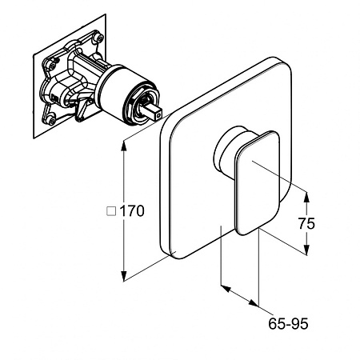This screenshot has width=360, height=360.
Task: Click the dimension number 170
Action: tap(132, 211)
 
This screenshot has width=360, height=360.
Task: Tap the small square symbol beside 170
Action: tap(111, 211)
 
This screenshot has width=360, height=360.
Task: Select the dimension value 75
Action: tap(306, 223)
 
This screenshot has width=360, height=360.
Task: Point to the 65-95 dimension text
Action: tap(288, 324)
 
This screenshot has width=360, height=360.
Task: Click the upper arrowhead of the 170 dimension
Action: tap(124, 146)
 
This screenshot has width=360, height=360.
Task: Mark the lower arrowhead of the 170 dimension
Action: tap(124, 275)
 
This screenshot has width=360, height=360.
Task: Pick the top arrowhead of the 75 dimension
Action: tap(306, 198)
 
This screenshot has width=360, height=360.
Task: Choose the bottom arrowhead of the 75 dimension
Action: tap(306, 249)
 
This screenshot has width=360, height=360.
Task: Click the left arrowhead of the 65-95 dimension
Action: tap(226, 288)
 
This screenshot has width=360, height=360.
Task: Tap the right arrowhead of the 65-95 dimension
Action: tap(254, 303)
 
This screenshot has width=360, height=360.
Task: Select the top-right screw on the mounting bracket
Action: tap(100, 38)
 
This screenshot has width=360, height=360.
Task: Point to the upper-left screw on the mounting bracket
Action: tap(52, 65)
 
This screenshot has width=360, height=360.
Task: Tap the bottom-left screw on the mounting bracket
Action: tap(50, 118)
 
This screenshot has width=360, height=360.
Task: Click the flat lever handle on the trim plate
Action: tap(257, 183)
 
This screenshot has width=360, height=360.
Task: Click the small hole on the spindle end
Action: tap(159, 116)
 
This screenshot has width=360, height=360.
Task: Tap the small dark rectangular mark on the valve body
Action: tap(56, 98)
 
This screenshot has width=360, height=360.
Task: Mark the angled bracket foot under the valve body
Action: tap(82, 110)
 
